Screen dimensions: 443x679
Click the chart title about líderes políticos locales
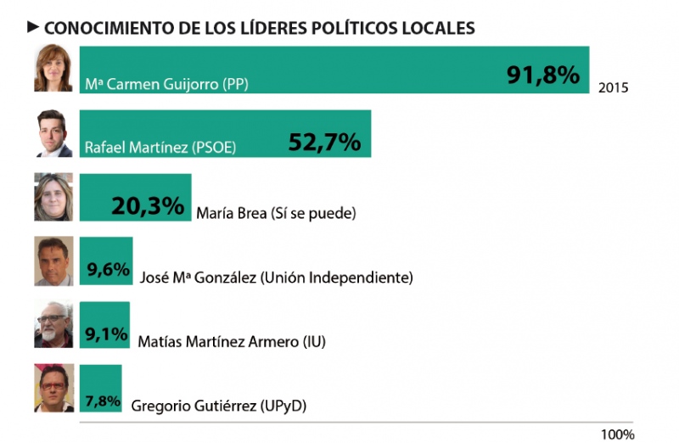[259, 27]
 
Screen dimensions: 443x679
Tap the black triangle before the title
[34, 27]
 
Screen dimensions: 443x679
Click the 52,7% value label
[325, 142]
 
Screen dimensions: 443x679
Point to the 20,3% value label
[148, 205]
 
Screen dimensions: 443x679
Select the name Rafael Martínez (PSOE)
[160, 148]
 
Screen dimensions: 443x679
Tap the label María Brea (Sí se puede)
[275, 212]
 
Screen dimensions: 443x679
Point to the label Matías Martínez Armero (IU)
[231, 341]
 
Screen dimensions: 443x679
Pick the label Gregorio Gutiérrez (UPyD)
[218, 406]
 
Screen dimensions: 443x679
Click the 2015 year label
[613, 87]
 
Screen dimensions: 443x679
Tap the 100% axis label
[617, 434]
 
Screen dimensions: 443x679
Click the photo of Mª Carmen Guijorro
[53, 69]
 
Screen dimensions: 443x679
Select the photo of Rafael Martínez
[53, 133]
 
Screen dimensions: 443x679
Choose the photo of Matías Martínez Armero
[53, 325]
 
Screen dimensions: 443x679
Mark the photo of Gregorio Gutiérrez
[53, 389]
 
